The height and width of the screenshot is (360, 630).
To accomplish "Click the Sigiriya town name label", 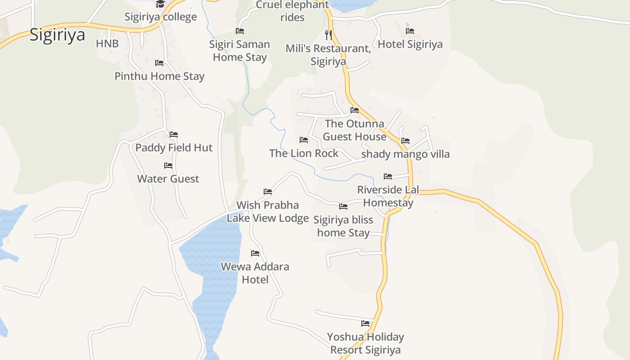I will tap(57, 35).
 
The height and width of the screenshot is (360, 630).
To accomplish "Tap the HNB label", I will tap(107, 44).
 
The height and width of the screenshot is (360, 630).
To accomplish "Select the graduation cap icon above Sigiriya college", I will tap(160, 4).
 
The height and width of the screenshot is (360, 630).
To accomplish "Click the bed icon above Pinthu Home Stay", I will tap(159, 63).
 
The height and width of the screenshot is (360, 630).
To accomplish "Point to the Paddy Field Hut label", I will tap(174, 148).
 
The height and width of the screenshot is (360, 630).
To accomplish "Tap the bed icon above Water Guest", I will tap(168, 166).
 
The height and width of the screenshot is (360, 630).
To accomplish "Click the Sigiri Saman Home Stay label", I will tap(239, 51).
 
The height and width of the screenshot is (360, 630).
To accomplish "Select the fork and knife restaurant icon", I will tap(328, 34).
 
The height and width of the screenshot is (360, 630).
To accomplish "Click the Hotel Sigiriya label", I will tap(410, 44).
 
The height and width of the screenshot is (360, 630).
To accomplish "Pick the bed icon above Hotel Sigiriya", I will tap(410, 31).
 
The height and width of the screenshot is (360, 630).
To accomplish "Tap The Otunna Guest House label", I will tap(355, 130).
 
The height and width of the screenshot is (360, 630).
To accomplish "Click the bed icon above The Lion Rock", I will tap(304, 140).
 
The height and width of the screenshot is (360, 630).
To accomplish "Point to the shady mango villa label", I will tap(405, 154).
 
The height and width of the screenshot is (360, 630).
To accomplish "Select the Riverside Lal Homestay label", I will tap(388, 196).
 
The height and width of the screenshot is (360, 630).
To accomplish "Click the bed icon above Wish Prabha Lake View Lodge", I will tap(268, 192).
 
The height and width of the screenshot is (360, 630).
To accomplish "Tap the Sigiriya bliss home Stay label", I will tap(343, 226).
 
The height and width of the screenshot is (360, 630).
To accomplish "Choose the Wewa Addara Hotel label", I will tap(255, 273).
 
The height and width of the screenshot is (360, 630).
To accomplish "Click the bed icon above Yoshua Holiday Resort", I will tap(365, 323).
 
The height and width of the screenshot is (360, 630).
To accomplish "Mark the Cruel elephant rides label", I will tap(292, 11).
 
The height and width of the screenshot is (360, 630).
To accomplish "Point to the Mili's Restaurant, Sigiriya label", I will tap(328, 55).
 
